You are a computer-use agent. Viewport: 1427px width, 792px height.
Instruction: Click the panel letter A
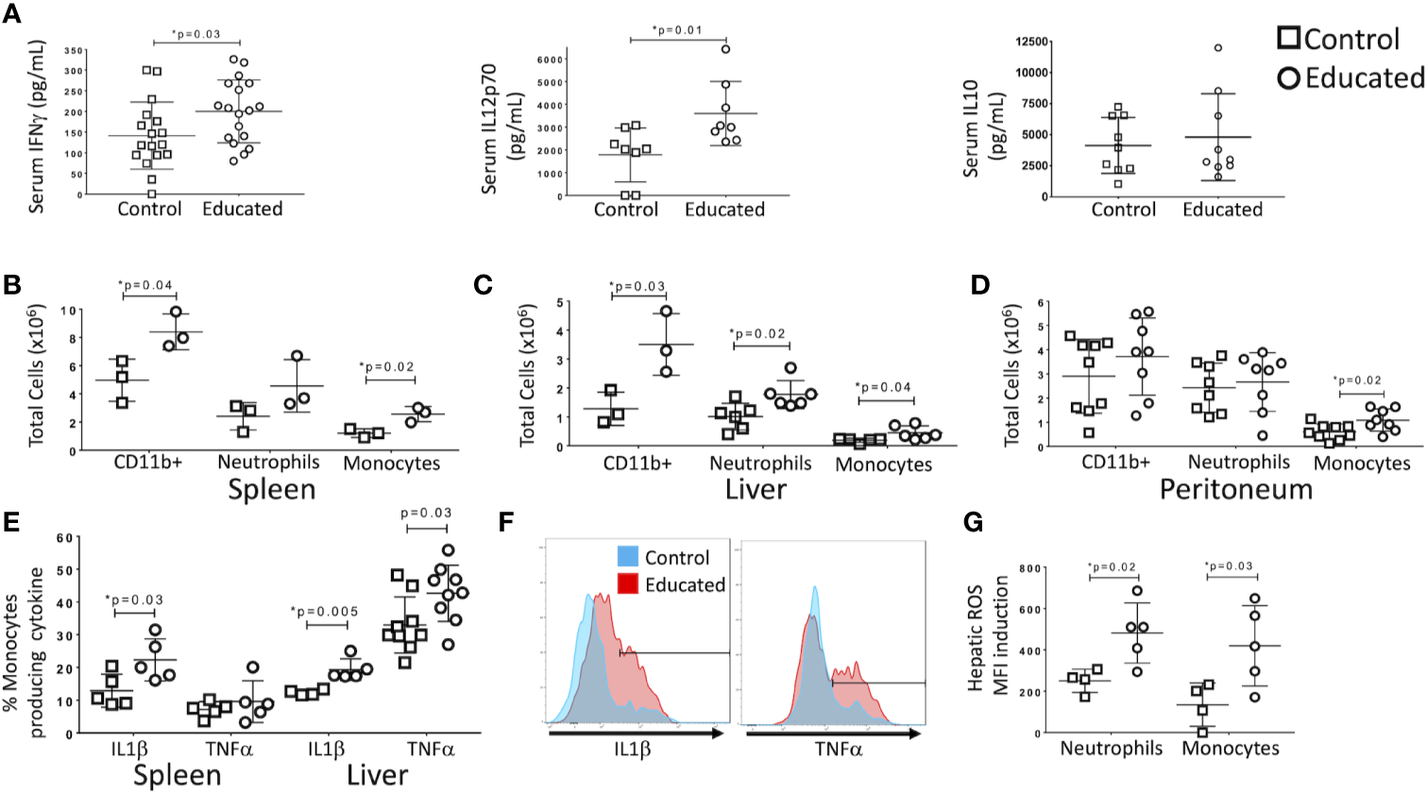point(12,17)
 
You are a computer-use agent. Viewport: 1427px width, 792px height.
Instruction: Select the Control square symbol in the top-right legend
point(1288,38)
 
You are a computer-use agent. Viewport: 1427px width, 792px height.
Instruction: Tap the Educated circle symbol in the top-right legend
point(1288,77)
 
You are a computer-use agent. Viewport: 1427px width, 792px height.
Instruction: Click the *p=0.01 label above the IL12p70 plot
point(677,30)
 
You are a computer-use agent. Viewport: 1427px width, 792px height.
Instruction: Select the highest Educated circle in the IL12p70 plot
point(725,49)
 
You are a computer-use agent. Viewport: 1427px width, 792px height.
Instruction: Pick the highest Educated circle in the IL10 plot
point(1219,47)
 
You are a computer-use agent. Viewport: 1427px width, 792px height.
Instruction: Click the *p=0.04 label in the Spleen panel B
point(147,284)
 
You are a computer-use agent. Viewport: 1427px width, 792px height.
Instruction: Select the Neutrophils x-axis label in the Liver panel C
point(760,463)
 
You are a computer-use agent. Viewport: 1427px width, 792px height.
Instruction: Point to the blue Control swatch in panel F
point(627,557)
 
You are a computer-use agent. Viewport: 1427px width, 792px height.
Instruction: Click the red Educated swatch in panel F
point(627,584)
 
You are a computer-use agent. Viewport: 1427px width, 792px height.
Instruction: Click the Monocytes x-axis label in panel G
point(1231,749)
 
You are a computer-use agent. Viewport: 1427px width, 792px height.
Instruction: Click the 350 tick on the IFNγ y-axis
point(75,50)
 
